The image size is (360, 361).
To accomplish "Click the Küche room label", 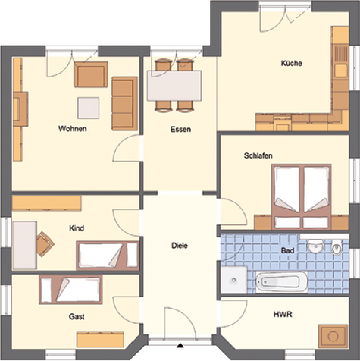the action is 292,63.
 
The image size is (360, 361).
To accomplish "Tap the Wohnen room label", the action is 73,129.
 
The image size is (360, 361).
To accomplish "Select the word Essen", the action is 180,130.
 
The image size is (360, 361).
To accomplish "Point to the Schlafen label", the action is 258,155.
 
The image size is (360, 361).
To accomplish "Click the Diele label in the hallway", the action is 180,246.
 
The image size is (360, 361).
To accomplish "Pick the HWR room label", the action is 283,314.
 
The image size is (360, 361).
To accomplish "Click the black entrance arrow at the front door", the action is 180,345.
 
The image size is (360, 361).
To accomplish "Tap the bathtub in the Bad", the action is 282,281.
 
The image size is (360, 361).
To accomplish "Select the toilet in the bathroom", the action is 337,247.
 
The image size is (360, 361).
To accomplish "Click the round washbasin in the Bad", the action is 315,245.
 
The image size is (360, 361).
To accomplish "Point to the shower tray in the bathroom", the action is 233,280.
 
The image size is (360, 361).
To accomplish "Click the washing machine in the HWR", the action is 333,336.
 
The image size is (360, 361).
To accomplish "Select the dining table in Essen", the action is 174,86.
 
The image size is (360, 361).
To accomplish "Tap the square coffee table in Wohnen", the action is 88,108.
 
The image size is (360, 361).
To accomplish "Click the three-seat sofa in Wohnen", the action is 125,104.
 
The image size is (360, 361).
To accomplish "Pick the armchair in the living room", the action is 91,75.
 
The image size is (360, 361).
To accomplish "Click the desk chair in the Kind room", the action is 45,244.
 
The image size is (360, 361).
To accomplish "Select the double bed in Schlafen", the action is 302,197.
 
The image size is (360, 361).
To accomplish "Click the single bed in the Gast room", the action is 71,289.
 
